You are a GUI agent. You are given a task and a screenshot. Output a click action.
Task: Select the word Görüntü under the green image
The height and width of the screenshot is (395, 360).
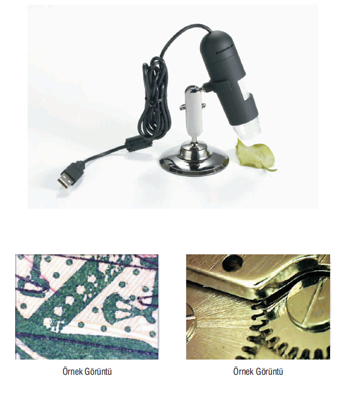tap(99, 372)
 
